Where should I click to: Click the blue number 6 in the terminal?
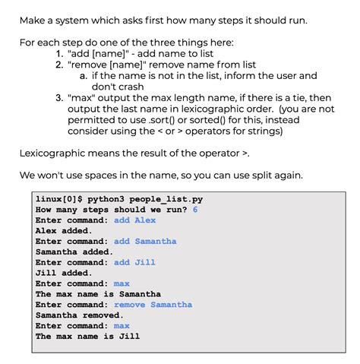pyautogui.click(x=195, y=210)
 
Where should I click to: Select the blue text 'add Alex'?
pyautogui.click(x=134, y=220)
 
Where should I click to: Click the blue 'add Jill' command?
pyautogui.click(x=134, y=262)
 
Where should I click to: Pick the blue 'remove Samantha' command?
pyautogui.click(x=153, y=305)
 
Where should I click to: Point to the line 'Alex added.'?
pyautogui.click(x=64, y=231)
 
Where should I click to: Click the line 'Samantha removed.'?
pyautogui.click(x=79, y=315)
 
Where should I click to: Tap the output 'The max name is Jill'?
pyautogui.click(x=87, y=337)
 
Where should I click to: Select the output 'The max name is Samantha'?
pyautogui.click(x=98, y=294)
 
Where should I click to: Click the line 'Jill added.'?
pyautogui.click(x=64, y=273)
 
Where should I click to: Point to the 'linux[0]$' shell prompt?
pyautogui.click(x=58, y=199)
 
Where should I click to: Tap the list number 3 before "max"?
pyautogui.click(x=58, y=97)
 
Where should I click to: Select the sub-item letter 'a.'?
pyautogui.click(x=83, y=75)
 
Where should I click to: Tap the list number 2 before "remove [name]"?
pyautogui.click(x=58, y=65)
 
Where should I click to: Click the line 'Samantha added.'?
pyautogui.click(x=74, y=252)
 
